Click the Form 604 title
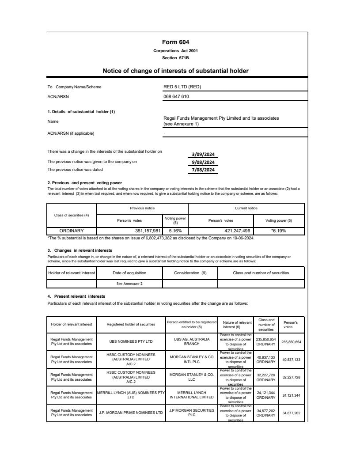[175, 42]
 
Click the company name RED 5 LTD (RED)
[182, 87]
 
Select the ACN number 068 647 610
[176, 96]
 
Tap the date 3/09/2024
[203, 155]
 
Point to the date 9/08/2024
[203, 162]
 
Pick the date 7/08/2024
[203, 170]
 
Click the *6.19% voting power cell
[278, 231]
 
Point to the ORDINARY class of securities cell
[72, 231]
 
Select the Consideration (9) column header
[190, 273]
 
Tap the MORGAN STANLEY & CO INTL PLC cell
[192, 360]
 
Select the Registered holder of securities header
[131, 324]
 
